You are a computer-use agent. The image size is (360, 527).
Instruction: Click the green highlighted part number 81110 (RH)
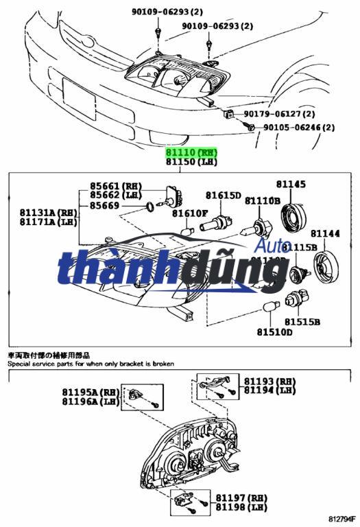coord(191,152)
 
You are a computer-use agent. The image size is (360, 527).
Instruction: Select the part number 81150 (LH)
coord(191,162)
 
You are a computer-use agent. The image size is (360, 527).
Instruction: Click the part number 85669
coord(104,205)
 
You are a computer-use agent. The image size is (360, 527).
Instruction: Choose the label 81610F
coord(190,213)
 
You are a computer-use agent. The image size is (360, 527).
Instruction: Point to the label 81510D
coord(274,332)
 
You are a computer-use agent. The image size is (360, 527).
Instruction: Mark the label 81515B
coord(302,320)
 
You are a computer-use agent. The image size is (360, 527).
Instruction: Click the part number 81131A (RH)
coord(49,212)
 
